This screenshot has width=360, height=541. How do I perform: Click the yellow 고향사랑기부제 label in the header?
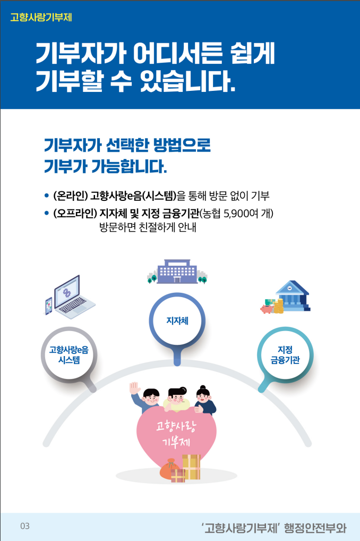41,17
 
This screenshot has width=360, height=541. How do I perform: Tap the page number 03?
25,526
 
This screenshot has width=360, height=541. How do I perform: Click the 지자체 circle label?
177,321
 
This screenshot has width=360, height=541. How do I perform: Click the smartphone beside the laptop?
49,306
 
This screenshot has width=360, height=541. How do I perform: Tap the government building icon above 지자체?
177,272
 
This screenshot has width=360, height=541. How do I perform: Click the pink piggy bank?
267,308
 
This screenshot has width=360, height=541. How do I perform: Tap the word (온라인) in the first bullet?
70,195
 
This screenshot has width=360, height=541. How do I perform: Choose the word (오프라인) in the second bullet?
74,214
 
